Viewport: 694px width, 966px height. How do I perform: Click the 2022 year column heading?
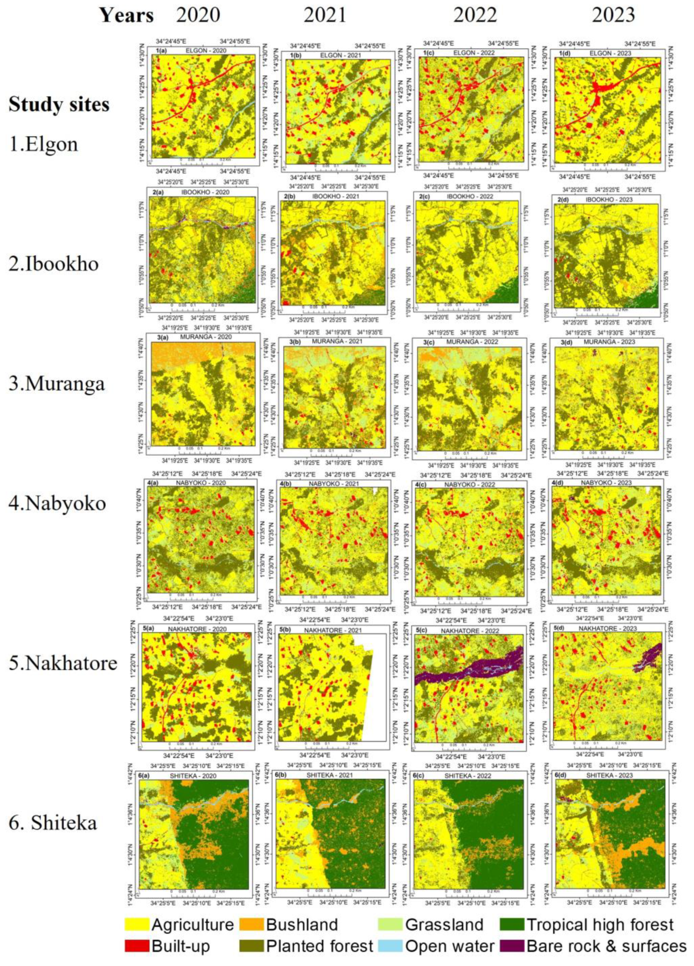point(475,15)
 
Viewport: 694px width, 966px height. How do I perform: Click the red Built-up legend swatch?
point(137,945)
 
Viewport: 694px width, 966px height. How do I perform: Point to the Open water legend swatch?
point(390,945)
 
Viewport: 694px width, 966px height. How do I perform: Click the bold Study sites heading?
point(59,105)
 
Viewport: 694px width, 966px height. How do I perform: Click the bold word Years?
point(127,16)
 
